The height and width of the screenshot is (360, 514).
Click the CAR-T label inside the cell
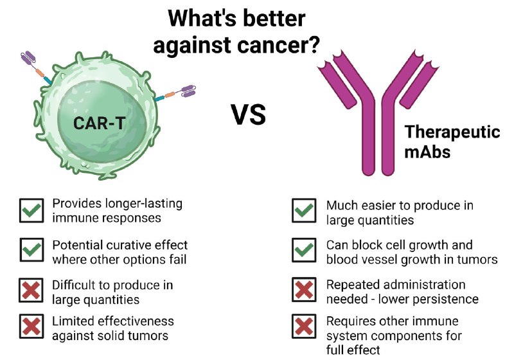pos(100,123)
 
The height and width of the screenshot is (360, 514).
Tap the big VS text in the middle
pos(248,115)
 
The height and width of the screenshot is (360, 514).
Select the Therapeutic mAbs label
pos(452,141)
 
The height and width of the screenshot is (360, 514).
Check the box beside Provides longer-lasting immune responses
pos(31,210)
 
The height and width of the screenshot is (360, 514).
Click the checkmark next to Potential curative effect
pos(31,250)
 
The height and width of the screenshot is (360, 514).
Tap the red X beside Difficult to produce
pos(31,290)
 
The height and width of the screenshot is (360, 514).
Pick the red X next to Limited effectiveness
pos(31,326)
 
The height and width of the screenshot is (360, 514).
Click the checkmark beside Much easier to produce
pos(304,210)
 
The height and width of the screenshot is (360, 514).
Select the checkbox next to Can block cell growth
pos(304,250)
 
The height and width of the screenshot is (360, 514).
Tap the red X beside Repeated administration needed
pos(304,290)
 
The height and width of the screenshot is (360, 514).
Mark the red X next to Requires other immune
pos(304,326)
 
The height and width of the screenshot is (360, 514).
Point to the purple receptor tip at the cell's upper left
pos(28,57)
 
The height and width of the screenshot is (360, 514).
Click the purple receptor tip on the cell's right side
pos(188,91)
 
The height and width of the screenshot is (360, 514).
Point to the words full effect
pos(353,350)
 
